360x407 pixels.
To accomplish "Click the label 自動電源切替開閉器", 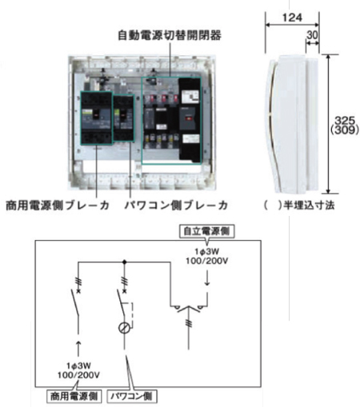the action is tap(170, 35).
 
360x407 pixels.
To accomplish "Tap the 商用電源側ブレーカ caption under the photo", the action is tap(58, 205).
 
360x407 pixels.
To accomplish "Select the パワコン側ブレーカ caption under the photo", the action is tap(177, 205).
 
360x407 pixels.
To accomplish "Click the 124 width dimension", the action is tap(292, 18).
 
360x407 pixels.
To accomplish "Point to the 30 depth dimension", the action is tap(312, 35).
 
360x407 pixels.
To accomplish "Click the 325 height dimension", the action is tap(345, 121).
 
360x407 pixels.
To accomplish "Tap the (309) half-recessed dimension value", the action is tap(345, 130).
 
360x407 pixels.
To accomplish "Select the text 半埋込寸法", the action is tap(309, 205).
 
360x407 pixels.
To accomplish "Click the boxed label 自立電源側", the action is tap(206, 231).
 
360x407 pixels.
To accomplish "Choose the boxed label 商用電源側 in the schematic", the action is tap(74, 397).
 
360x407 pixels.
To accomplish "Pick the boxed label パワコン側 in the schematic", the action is tap(132, 397).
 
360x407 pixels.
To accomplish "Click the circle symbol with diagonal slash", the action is tap(124, 328).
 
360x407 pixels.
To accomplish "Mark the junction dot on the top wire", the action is tap(124, 262).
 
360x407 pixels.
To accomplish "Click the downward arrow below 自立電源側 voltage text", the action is tap(207, 278).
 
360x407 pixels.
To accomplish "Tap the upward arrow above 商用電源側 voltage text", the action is tap(78, 349).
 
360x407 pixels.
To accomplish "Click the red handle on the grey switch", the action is tap(189, 118).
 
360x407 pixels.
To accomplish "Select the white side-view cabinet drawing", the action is tap(293, 124).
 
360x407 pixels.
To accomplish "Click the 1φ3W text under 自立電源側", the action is tap(206, 251).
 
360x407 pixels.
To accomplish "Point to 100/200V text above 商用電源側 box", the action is tap(78, 375).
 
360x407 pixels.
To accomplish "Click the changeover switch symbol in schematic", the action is tap(189, 309).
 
